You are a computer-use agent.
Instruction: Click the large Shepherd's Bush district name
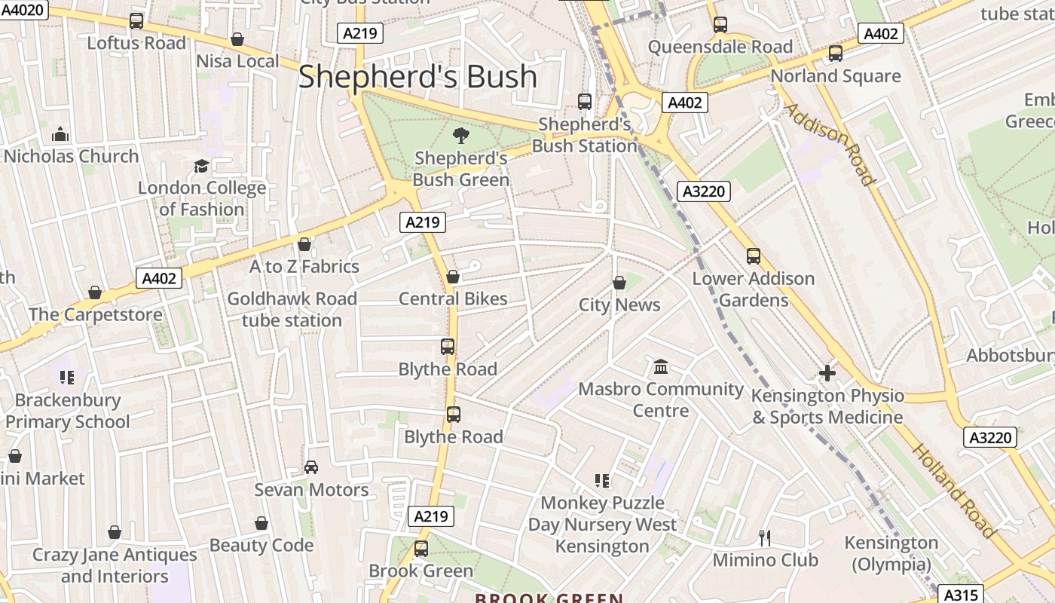tap(417, 77)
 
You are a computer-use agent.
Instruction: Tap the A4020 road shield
tap(23, 10)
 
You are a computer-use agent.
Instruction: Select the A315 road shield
tap(961, 595)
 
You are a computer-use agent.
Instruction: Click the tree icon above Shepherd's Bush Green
tap(460, 136)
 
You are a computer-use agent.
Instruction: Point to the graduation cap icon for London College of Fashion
tap(201, 166)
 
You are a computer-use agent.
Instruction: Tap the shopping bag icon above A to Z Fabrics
tap(304, 244)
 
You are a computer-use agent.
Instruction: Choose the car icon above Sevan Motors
tap(311, 467)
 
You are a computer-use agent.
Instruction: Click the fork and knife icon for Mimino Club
tap(765, 537)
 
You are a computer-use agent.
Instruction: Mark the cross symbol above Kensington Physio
tap(827, 373)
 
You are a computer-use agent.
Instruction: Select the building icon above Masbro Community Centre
tap(661, 367)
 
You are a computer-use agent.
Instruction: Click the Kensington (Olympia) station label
tap(891, 553)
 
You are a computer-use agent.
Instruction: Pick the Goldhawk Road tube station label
tap(292, 310)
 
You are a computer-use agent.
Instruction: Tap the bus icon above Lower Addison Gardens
tap(754, 256)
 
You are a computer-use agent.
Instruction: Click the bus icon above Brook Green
tap(421, 549)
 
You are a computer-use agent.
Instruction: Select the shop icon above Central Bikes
tap(453, 277)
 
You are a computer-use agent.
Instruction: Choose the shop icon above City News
tap(619, 283)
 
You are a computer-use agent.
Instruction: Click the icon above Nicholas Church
tap(60, 135)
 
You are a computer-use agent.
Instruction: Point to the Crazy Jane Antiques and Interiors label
tap(115, 565)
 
